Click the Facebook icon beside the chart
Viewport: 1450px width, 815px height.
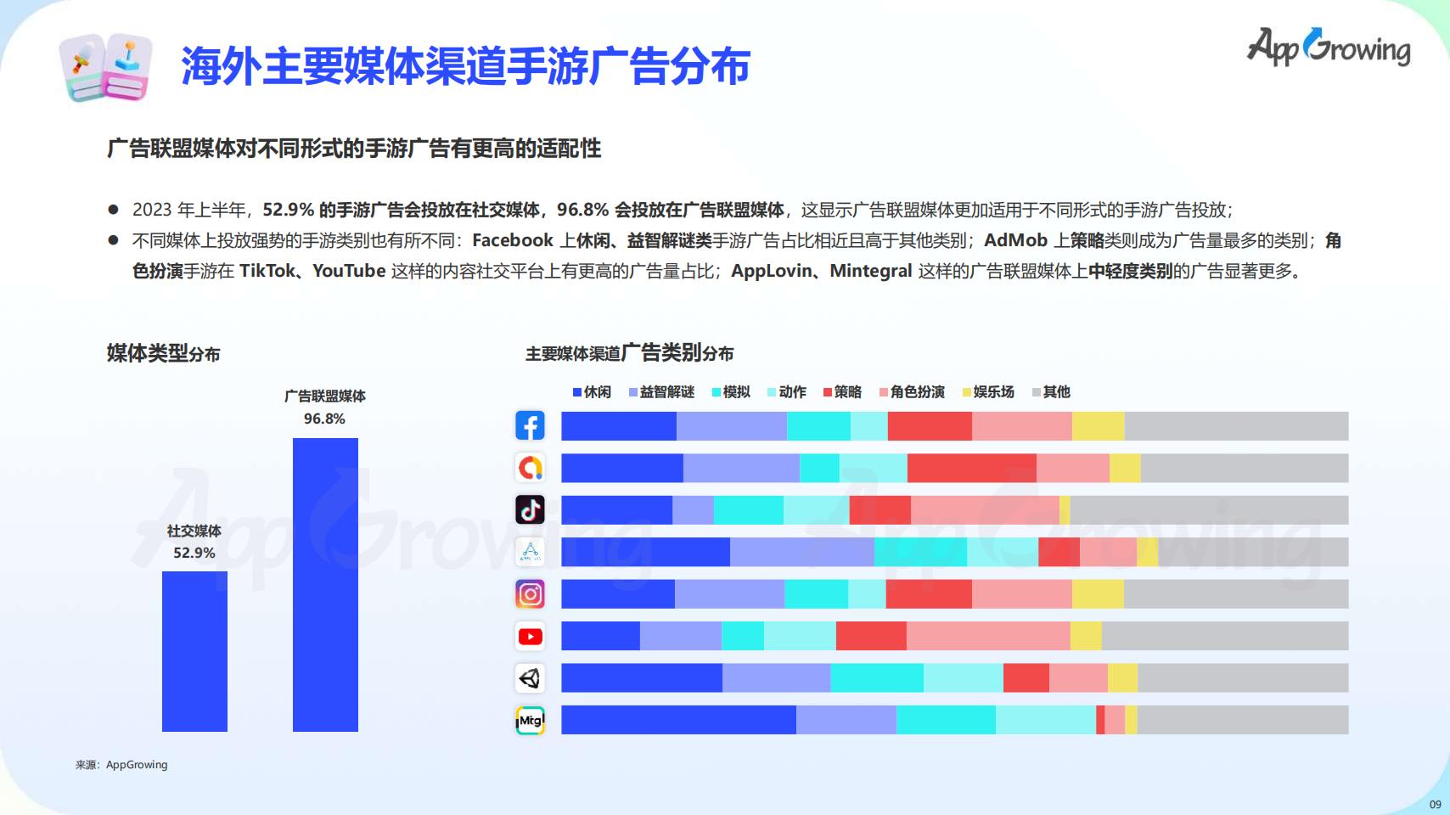tap(530, 426)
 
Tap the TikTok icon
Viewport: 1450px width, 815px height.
tap(530, 509)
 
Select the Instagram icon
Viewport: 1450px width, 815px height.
tap(530, 593)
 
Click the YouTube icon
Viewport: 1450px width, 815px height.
tap(530, 637)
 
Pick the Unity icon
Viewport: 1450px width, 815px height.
tap(530, 677)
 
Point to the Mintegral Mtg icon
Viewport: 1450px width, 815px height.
tap(530, 720)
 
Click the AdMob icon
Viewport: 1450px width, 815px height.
tap(530, 468)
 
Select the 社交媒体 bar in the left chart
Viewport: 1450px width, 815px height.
tap(194, 651)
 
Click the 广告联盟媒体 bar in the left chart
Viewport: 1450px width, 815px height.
tap(325, 585)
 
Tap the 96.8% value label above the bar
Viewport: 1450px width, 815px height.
tap(324, 419)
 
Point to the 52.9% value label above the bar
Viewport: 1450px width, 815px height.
tap(194, 553)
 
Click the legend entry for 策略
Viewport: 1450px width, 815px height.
tap(842, 391)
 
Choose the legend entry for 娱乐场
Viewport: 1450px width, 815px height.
tap(988, 391)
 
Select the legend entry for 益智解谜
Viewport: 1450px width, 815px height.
tap(661, 391)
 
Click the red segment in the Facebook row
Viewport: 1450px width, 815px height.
tap(930, 426)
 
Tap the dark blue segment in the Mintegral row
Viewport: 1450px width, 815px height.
tap(678, 720)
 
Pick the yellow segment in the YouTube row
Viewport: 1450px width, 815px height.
tap(1086, 636)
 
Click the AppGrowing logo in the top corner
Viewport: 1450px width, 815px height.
tap(1329, 47)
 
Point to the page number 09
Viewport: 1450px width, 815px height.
tap(1435, 805)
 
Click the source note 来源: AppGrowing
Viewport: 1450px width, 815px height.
tap(121, 765)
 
